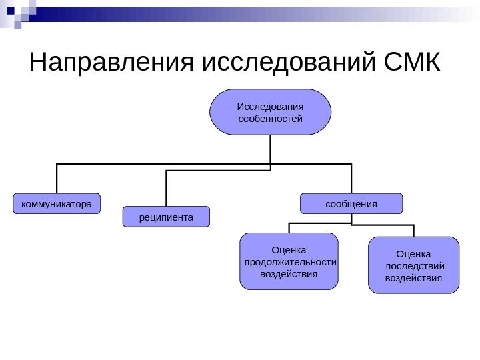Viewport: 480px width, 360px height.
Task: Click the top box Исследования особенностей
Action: click(270, 112)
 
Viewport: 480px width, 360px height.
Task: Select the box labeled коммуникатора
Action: click(57, 203)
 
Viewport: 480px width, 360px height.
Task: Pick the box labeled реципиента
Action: click(166, 217)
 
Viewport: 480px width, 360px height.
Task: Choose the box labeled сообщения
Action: click(351, 203)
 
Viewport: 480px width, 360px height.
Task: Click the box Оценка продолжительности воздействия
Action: click(289, 261)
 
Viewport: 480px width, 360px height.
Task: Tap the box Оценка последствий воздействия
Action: click(413, 265)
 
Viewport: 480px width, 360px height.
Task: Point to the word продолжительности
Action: click(290, 262)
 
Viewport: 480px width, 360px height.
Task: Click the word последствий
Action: click(414, 266)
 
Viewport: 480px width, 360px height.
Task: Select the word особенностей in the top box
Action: click(270, 119)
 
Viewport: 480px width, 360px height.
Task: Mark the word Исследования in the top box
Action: click(270, 107)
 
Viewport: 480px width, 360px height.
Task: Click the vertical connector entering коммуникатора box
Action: click(57, 179)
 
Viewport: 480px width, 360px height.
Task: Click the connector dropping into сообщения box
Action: click(351, 179)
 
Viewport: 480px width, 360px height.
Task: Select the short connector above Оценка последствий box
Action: click(414, 229)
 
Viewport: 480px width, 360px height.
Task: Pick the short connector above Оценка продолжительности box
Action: click(289, 227)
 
